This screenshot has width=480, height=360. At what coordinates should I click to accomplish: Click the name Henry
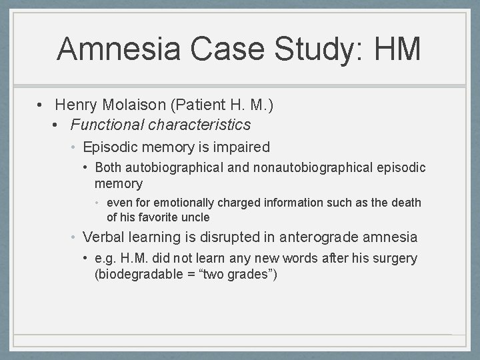[x=77, y=105]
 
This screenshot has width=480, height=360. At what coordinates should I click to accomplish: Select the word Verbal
[x=103, y=237]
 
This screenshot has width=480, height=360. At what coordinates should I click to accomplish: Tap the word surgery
[x=395, y=258]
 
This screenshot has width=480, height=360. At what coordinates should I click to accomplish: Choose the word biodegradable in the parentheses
[x=135, y=273]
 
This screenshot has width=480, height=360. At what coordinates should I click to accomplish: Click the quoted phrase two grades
[x=233, y=273]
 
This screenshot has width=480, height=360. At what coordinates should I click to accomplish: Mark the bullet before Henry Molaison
[x=41, y=105]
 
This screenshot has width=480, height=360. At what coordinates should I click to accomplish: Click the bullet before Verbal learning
[x=75, y=237]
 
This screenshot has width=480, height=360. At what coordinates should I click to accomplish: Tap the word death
[x=407, y=203]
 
